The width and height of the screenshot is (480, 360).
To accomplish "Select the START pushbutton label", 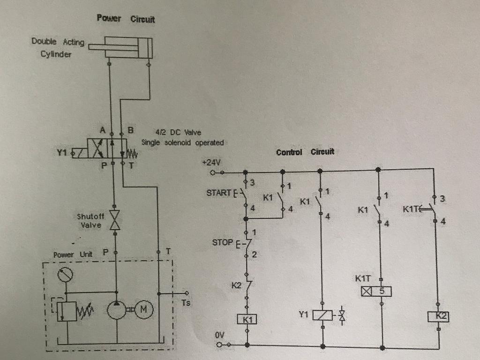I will [x=219, y=193].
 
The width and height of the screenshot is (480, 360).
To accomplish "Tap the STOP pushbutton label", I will [x=222, y=242].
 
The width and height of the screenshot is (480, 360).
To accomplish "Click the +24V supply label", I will [x=211, y=162].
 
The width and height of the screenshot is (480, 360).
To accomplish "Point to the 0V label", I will [x=220, y=336].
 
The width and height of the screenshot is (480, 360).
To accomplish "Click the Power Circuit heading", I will [x=126, y=19].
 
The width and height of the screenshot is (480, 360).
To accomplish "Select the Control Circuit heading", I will [x=305, y=152].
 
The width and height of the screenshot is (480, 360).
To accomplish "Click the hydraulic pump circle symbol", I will [x=117, y=309].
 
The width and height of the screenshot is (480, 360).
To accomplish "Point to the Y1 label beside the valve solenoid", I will [x=62, y=152].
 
